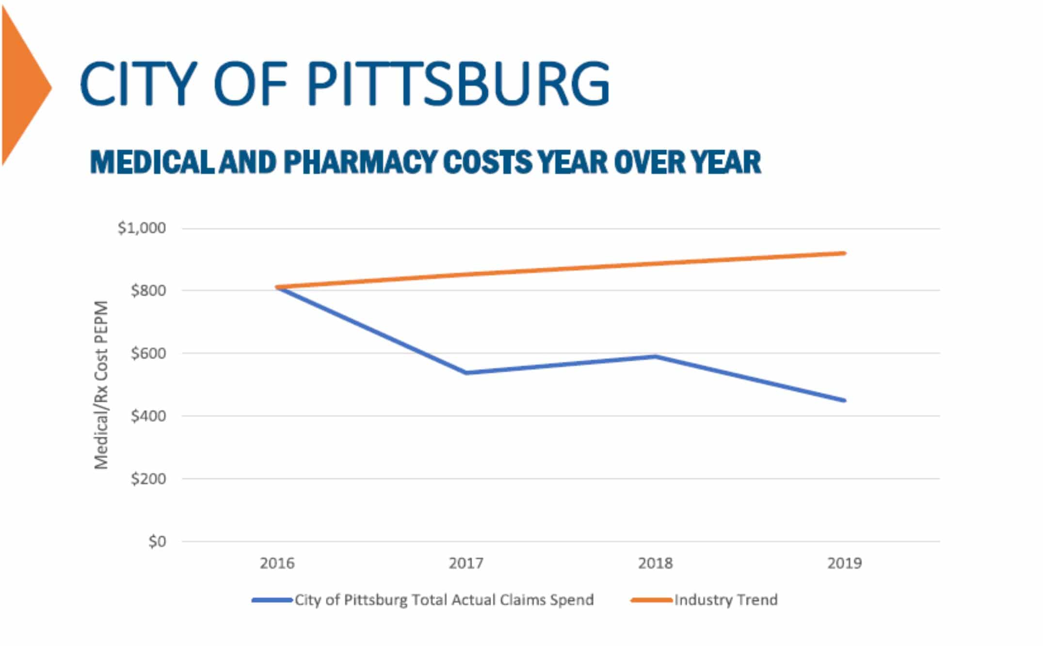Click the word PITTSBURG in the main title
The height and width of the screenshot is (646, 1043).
pyautogui.click(x=458, y=83)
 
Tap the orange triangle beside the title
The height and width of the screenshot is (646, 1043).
pyautogui.click(x=24, y=87)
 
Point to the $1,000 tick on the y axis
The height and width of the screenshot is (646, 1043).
pyautogui.click(x=142, y=228)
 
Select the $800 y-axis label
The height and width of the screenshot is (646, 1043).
pyautogui.click(x=148, y=291)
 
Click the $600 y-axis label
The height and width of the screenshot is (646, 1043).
pyautogui.click(x=148, y=353)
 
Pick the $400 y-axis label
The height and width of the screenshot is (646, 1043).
pyautogui.click(x=148, y=416)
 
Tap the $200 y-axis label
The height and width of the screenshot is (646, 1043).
pyautogui.click(x=148, y=479)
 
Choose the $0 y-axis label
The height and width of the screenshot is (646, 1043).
pyautogui.click(x=157, y=541)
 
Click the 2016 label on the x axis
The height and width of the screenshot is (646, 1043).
pyautogui.click(x=277, y=563)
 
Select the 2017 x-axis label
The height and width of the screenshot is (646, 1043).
pyautogui.click(x=466, y=563)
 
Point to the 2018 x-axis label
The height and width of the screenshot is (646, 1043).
pyautogui.click(x=655, y=563)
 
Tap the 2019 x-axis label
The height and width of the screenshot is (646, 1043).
pyautogui.click(x=844, y=563)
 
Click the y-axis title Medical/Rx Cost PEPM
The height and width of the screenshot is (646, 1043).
pyautogui.click(x=101, y=385)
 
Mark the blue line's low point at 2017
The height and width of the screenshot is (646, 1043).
pyautogui.click(x=466, y=372)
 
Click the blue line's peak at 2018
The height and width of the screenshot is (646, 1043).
pyautogui.click(x=655, y=356)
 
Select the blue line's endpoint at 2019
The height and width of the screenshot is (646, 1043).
pyautogui.click(x=844, y=400)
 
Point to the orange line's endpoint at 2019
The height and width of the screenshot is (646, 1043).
pyautogui.click(x=844, y=253)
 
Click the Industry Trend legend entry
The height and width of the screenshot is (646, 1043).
pyautogui.click(x=725, y=600)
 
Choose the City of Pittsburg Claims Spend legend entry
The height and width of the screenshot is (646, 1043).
pyautogui.click(x=444, y=600)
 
